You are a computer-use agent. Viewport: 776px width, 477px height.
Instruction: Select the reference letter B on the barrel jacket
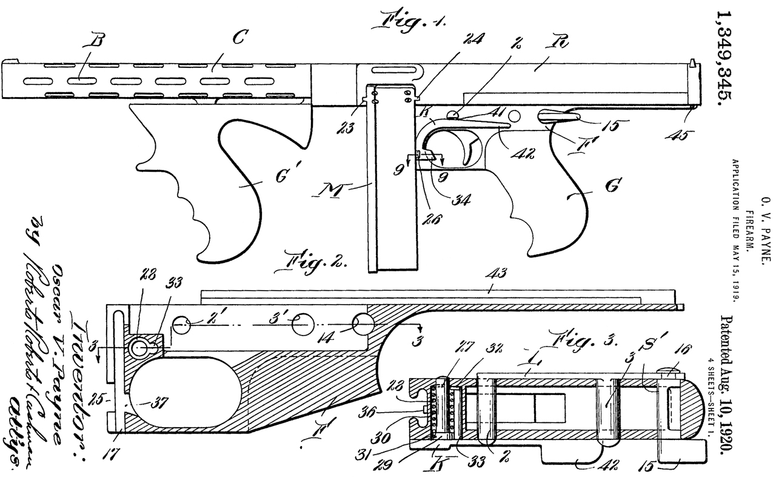pos(95,42)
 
